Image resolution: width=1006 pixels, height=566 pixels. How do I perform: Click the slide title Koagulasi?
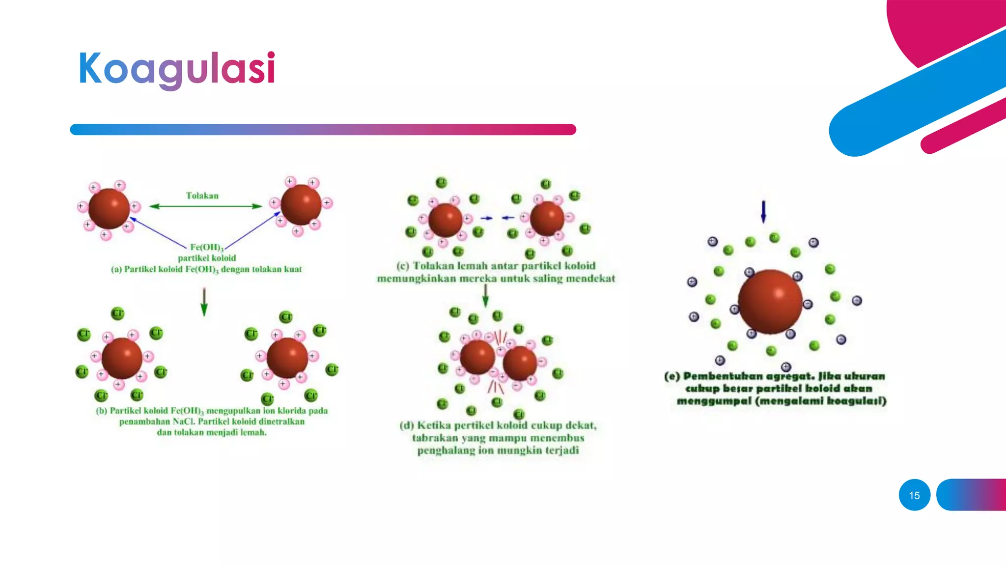coord(177,69)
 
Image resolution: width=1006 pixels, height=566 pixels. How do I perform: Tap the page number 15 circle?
coord(914,495)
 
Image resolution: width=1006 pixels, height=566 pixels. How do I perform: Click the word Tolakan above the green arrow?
coord(202,196)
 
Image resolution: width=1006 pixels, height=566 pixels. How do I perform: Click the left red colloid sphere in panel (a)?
coord(109,208)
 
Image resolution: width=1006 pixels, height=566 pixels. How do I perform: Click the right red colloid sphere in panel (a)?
coord(301,204)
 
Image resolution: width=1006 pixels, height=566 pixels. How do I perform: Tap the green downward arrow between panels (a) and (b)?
coord(204,302)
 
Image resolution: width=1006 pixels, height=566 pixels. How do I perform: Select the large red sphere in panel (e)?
coord(770,301)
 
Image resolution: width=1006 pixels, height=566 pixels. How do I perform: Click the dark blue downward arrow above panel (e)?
coord(763,212)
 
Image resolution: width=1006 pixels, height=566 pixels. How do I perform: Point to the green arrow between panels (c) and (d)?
coord(485,295)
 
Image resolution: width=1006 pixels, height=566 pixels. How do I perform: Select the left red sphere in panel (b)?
coord(122,358)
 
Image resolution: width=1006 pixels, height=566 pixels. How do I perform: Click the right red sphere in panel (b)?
coord(287,358)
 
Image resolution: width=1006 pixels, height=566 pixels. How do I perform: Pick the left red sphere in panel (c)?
coord(446,221)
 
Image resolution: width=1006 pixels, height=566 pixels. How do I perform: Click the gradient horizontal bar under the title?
coord(323,129)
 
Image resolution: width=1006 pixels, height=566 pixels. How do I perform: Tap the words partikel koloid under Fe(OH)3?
coord(207,258)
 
